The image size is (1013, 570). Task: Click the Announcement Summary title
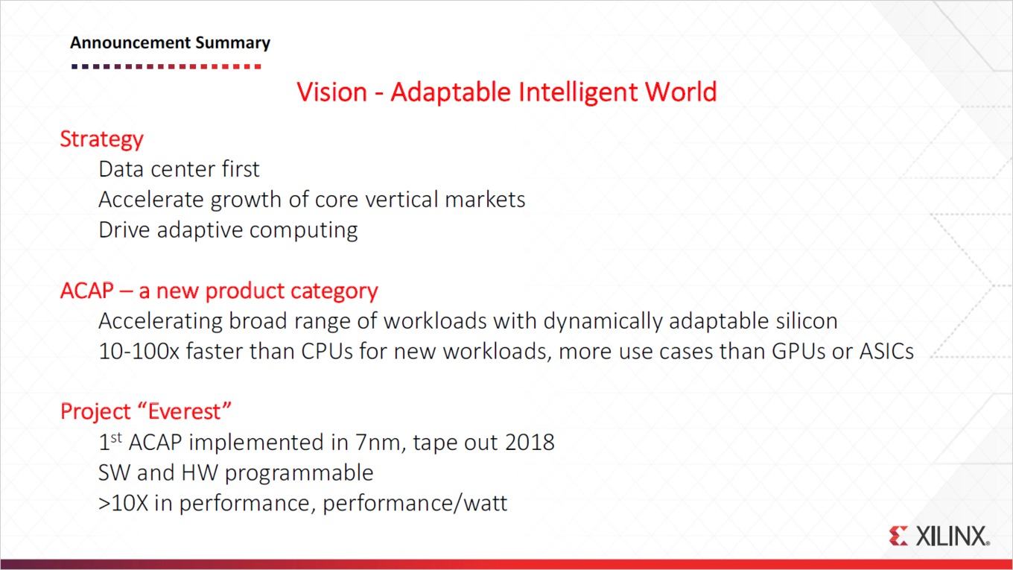coord(170,43)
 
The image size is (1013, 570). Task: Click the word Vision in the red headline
coord(331,92)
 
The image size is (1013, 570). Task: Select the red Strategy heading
coord(102,139)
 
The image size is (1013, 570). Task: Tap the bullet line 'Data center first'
coord(179,169)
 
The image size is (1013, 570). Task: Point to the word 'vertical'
coord(401,199)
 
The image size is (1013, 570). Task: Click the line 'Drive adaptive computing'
coord(229,230)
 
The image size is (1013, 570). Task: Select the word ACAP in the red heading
coord(87,291)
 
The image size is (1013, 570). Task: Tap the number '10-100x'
coord(139,352)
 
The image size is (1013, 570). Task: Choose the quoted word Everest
coord(185,411)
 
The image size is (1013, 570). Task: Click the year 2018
coord(530,443)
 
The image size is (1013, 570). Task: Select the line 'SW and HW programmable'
coord(236,473)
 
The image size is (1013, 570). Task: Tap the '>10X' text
coord(124,503)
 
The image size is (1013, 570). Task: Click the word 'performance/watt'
coord(415,504)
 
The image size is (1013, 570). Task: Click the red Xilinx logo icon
coord(898,536)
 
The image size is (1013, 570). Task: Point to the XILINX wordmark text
coord(953,536)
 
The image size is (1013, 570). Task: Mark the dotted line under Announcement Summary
coord(166,66)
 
